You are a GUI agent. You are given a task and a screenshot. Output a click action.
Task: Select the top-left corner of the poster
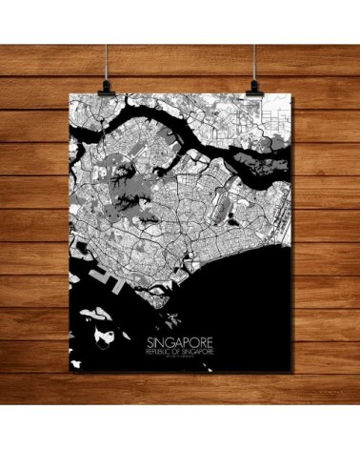pos(71,95)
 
